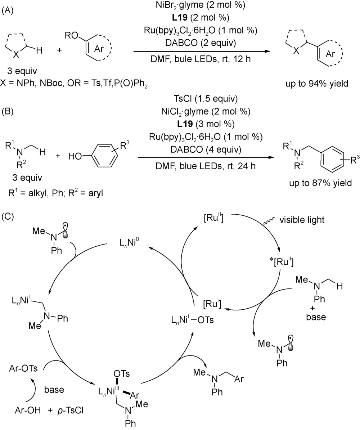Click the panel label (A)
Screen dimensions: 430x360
coord(8,11)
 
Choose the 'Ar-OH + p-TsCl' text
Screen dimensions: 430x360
coord(49,410)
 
